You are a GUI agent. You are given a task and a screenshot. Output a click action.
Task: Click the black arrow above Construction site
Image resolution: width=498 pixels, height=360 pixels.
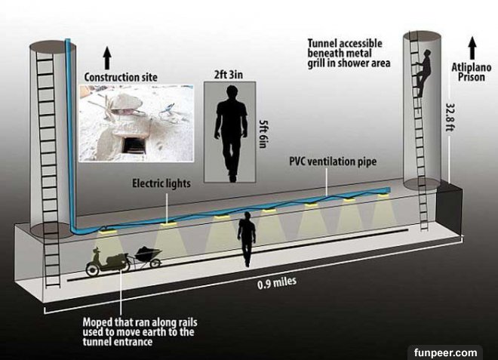click(107, 58)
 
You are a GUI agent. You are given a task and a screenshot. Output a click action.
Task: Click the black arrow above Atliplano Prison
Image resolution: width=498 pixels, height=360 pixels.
click(472, 48)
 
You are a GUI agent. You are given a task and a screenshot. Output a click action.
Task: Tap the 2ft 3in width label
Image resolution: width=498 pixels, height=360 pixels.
click(229, 75)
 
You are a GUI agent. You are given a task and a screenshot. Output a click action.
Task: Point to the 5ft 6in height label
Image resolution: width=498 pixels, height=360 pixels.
click(262, 134)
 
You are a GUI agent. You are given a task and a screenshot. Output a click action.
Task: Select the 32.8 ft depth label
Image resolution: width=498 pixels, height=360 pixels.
click(450, 117)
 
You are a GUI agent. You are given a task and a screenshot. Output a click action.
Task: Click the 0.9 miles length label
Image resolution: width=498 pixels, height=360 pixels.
click(277, 282)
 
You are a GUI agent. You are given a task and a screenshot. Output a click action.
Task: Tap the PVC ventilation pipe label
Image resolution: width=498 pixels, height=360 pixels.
click(333, 162)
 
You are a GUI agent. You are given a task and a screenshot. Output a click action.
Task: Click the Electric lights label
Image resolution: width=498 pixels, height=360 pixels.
click(161, 183)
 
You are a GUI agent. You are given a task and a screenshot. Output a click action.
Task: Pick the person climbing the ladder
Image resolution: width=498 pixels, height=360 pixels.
click(424, 73)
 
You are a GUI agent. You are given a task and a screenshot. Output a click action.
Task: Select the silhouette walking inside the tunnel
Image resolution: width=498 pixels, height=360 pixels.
click(247, 239)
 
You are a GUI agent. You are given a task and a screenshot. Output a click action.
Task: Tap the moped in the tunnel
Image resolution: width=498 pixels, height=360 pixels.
click(107, 262)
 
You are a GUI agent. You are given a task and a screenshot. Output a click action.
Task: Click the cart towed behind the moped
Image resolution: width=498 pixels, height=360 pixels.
click(149, 256)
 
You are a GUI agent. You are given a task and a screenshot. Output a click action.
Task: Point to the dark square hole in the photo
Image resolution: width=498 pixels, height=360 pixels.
click(134, 145)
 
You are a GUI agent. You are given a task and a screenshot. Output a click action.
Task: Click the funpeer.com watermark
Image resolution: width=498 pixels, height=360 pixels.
click(445, 352)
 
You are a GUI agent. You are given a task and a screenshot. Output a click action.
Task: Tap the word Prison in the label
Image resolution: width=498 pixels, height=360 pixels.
click(472, 77)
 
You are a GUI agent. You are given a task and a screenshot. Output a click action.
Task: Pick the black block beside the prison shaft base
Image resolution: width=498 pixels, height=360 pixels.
click(448, 208)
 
